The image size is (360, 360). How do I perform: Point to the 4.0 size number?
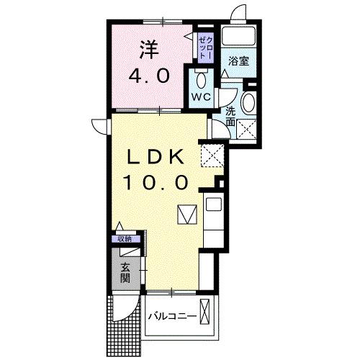[150, 76]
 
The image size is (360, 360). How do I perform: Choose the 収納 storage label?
[126, 238]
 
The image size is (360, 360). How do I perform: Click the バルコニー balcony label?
[172, 316]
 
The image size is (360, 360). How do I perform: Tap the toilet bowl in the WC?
[201, 79]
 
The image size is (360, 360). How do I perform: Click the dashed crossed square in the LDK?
[212, 153]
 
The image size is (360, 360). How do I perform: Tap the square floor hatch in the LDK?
[186, 215]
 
